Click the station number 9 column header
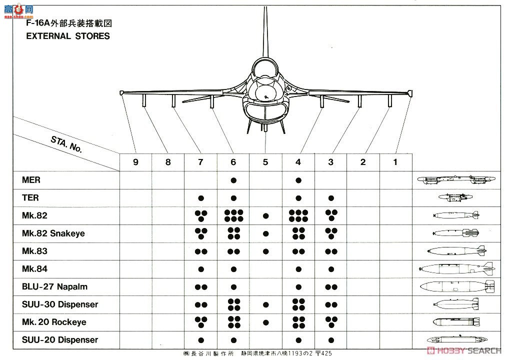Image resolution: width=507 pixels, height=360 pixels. [x=135, y=162]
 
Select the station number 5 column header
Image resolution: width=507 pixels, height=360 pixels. [x=265, y=162]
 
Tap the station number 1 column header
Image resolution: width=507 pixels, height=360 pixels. [x=395, y=162]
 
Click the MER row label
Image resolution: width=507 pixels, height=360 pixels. [x=31, y=180]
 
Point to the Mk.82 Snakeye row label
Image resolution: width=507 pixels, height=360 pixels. [x=53, y=233]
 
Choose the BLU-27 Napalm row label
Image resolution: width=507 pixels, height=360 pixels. [x=54, y=286]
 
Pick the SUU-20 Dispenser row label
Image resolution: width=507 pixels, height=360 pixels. [x=60, y=340]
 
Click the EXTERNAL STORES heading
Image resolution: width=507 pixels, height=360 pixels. [x=68, y=36]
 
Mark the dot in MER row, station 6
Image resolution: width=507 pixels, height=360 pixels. [x=233, y=180]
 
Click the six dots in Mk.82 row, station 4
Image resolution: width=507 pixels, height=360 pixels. [x=298, y=215]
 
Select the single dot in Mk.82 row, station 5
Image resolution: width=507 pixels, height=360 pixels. [x=265, y=216]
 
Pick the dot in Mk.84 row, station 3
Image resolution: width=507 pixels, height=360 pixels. [x=331, y=269]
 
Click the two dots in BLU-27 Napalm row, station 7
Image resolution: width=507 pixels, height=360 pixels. [x=201, y=287]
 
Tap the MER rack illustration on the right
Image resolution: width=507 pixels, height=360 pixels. [x=456, y=179]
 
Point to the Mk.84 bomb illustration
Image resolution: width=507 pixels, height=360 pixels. [x=456, y=268]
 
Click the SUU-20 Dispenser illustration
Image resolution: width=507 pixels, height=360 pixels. [x=456, y=339]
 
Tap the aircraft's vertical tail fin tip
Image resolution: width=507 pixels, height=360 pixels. [x=264, y=10]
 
